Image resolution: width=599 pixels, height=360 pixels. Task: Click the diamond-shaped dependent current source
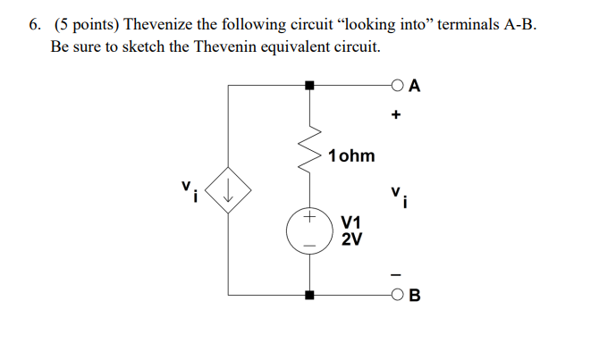pos(229,189)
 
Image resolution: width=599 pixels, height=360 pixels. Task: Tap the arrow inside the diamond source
pos(229,189)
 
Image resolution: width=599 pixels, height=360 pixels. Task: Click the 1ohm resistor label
pos(351,156)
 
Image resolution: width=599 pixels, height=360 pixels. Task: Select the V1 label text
pos(351,222)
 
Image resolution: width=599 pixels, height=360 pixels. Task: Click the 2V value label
pos(351,239)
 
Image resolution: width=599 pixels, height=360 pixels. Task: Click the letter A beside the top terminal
pos(417,87)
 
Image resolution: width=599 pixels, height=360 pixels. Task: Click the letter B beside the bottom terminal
pos(417,296)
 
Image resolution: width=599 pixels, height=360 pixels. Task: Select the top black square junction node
pos(310,86)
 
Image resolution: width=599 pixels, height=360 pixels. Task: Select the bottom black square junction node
pos(310,295)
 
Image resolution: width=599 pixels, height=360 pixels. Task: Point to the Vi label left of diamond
pos(188,190)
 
